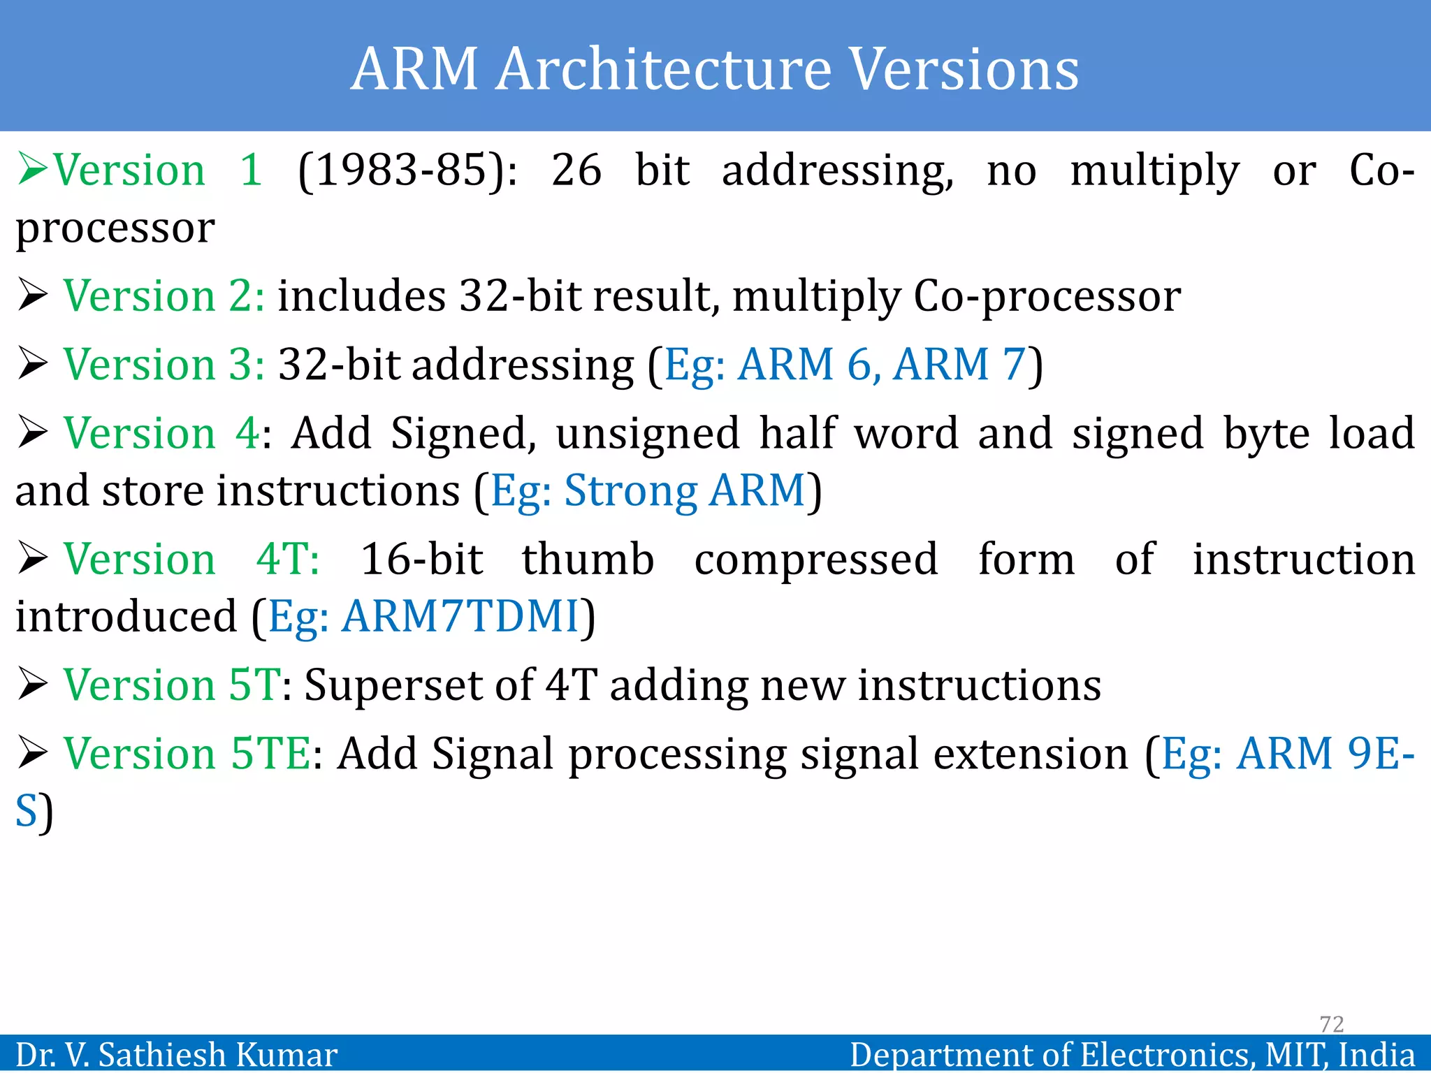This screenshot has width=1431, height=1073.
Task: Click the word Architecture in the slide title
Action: pyautogui.click(x=664, y=70)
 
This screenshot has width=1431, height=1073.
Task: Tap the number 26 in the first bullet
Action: pyautogui.click(x=576, y=170)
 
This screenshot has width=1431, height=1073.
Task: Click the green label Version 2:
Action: pyautogui.click(x=164, y=295)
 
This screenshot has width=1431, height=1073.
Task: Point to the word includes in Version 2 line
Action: pyautogui.click(x=361, y=295)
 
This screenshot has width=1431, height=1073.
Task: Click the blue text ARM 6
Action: pyautogui.click(x=804, y=365)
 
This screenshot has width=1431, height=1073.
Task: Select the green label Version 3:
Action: pyautogui.click(x=164, y=365)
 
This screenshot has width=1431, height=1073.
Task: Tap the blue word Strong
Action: pyautogui.click(x=630, y=490)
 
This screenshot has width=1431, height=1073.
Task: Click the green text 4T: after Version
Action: pyautogui.click(x=288, y=560)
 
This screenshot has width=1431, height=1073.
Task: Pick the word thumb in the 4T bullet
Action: pyautogui.click(x=588, y=560)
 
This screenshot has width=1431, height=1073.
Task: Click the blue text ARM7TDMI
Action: pyautogui.click(x=460, y=617)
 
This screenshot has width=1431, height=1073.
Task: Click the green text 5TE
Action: pyautogui.click(x=270, y=754)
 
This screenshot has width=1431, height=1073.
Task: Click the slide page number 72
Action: pyautogui.click(x=1331, y=1024)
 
